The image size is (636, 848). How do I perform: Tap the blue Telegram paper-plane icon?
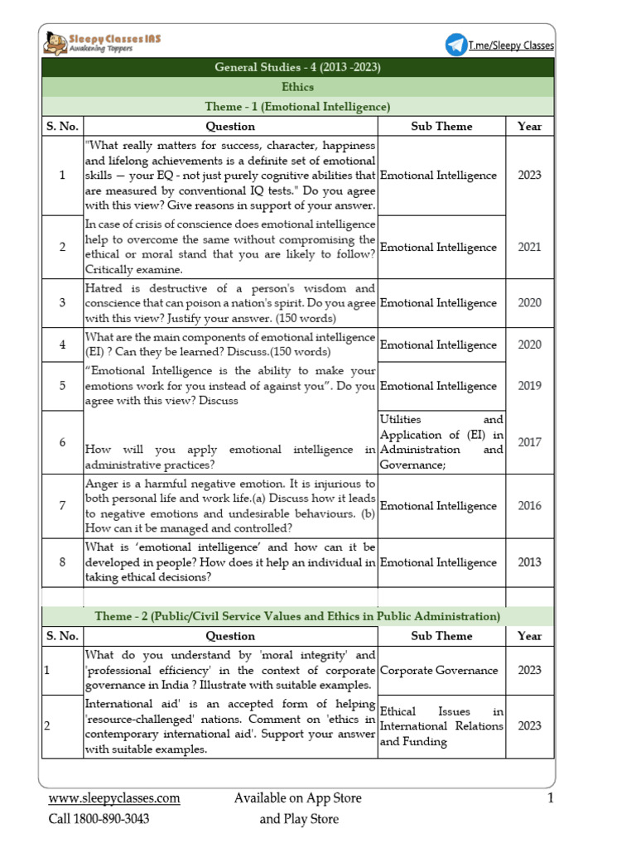click(x=455, y=46)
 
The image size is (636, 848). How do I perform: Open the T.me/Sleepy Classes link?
click(x=511, y=46)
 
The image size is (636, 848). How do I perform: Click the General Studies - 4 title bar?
click(x=297, y=67)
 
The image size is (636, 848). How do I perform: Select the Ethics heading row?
click(x=297, y=87)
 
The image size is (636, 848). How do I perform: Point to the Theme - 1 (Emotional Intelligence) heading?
click(x=297, y=107)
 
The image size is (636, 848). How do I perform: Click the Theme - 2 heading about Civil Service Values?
click(x=297, y=617)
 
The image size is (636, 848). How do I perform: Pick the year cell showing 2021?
click(x=530, y=248)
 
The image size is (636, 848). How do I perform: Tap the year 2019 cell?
click(x=530, y=386)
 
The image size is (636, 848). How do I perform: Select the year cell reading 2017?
click(x=530, y=442)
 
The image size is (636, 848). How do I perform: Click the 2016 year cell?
click(x=530, y=506)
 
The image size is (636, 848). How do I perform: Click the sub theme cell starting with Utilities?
click(x=441, y=442)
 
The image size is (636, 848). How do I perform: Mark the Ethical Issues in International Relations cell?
click(x=441, y=726)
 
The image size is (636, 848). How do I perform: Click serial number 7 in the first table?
click(x=62, y=506)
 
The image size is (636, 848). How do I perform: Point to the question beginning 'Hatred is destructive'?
click(x=230, y=302)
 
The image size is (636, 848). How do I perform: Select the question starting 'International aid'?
click(x=230, y=726)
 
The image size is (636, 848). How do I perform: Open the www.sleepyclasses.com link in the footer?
click(x=114, y=798)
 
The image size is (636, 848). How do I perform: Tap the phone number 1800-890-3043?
click(x=99, y=819)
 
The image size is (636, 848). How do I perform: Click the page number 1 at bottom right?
click(x=550, y=798)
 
